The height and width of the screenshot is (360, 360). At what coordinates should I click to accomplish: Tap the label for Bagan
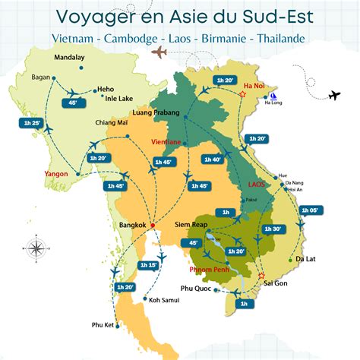pos(40,77)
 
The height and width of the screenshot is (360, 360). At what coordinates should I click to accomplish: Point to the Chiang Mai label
pos(111,122)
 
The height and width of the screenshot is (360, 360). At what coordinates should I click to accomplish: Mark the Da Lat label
pos(306,259)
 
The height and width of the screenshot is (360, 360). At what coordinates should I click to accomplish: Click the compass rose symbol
pos(35,248)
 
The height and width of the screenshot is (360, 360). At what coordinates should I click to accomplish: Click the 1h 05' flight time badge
pos(310,210)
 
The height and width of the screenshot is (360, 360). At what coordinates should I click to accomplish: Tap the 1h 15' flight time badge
pos(149,264)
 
